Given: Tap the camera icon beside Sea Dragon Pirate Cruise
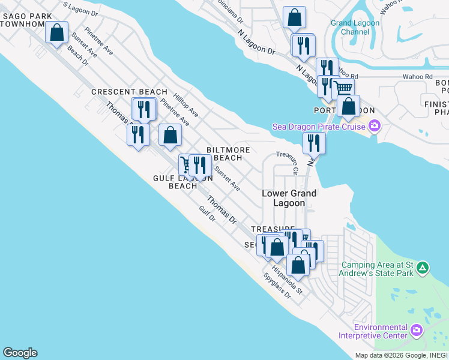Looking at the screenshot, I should point(375,126).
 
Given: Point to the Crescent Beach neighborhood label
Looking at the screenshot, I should point(129,92).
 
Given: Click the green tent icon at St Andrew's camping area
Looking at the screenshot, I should point(423,267).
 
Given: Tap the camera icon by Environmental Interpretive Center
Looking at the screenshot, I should point(417,330).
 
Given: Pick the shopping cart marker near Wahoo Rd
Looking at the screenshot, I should point(343,89).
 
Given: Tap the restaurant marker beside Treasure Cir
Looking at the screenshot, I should point(314,143).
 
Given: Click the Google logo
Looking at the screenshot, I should point(20,353).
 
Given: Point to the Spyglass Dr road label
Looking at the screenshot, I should point(277,286).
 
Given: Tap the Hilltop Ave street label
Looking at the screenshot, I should point(185,104).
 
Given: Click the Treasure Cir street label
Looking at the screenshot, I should point(288,163).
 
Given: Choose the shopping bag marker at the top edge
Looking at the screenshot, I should point(294,17).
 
